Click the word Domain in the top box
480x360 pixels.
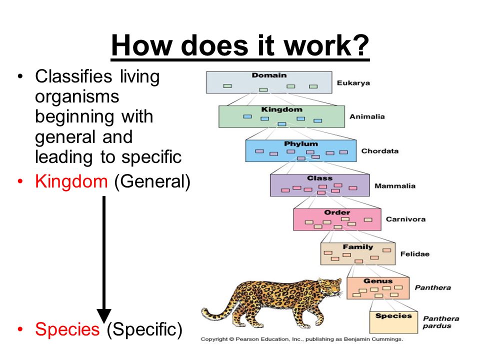(x=269, y=75)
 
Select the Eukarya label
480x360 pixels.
(x=353, y=83)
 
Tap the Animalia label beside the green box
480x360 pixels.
(x=367, y=116)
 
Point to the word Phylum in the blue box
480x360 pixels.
(x=301, y=144)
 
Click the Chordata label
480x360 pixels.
(x=380, y=151)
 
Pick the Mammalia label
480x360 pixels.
(x=395, y=186)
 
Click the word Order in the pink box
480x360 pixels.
(x=337, y=212)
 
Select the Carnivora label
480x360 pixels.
(x=405, y=219)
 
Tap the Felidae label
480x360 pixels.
(x=415, y=254)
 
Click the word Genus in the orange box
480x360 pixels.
(x=378, y=280)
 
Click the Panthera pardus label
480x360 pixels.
(x=441, y=322)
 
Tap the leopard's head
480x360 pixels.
(x=330, y=286)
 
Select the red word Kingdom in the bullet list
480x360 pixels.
(x=71, y=181)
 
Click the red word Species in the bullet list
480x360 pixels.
(x=67, y=329)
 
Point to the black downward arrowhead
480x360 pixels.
(x=104, y=316)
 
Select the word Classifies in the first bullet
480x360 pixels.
(x=73, y=76)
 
